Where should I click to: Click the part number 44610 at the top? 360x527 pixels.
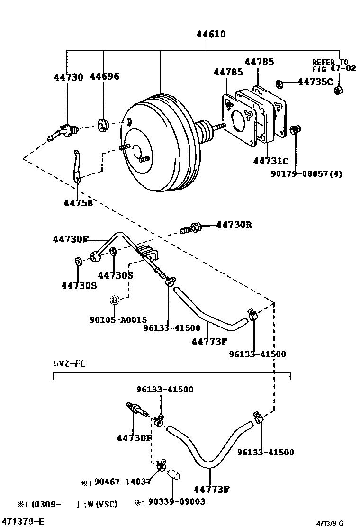[x=207, y=35]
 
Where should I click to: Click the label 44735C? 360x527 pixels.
[x=315, y=82]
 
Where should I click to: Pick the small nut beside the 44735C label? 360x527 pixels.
[x=279, y=84]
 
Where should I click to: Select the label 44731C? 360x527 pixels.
[x=271, y=161]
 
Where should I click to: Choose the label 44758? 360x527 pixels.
[x=78, y=202]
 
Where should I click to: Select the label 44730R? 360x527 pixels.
[x=234, y=225]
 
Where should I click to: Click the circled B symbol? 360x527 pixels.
[x=114, y=300]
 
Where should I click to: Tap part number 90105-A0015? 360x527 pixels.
[x=118, y=320]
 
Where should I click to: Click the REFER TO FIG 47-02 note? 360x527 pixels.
[x=330, y=65]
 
